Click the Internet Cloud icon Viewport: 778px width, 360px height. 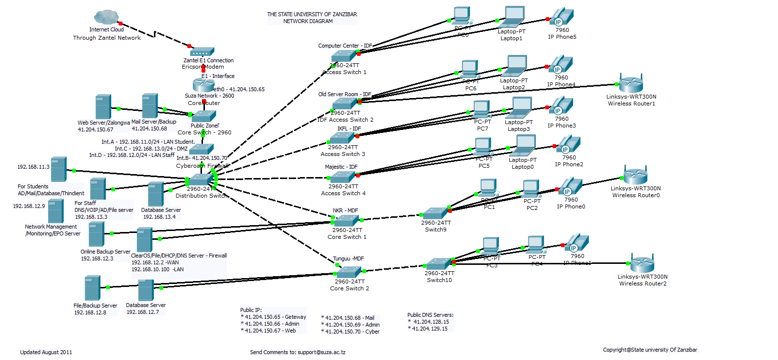106,18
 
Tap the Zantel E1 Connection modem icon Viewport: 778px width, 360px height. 202,51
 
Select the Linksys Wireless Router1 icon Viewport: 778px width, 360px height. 631,84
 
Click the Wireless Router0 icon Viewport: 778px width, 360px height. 635,176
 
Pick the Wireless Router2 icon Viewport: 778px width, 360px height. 642,264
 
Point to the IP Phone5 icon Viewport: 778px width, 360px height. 562,17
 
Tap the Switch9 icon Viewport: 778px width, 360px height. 435,213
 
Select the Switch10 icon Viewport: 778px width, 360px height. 439,264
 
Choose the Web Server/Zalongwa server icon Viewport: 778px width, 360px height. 103,106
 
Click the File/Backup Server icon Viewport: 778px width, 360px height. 92,288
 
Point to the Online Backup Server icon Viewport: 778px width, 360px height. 96,234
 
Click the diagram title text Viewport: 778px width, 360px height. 312,18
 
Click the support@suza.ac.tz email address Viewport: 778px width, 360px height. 321,352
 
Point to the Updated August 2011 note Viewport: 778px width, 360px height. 46,352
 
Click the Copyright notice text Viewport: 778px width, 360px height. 650,350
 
